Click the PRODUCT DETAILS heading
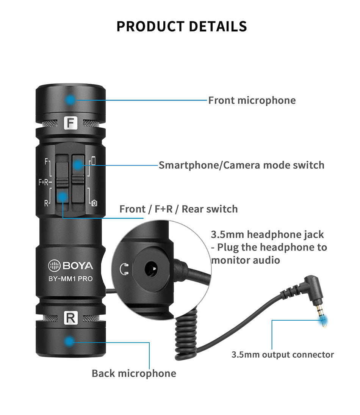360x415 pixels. click(x=182, y=26)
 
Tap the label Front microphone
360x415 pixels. click(x=252, y=100)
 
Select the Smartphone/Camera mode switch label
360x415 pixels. click(x=241, y=165)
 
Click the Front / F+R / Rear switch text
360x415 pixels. click(x=178, y=209)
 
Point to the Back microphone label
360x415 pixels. click(x=134, y=373)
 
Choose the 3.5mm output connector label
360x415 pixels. click(x=283, y=355)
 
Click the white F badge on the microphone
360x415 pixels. click(x=70, y=123)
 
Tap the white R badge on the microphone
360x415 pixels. click(x=70, y=318)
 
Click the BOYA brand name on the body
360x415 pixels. click(x=75, y=266)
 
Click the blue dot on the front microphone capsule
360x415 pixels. click(x=70, y=100)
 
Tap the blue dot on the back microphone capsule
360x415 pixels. click(x=69, y=341)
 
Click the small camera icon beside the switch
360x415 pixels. click(x=94, y=203)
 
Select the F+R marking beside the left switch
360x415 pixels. click(x=44, y=182)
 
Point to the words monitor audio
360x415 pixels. click(x=246, y=260)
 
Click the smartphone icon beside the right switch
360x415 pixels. click(x=94, y=161)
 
